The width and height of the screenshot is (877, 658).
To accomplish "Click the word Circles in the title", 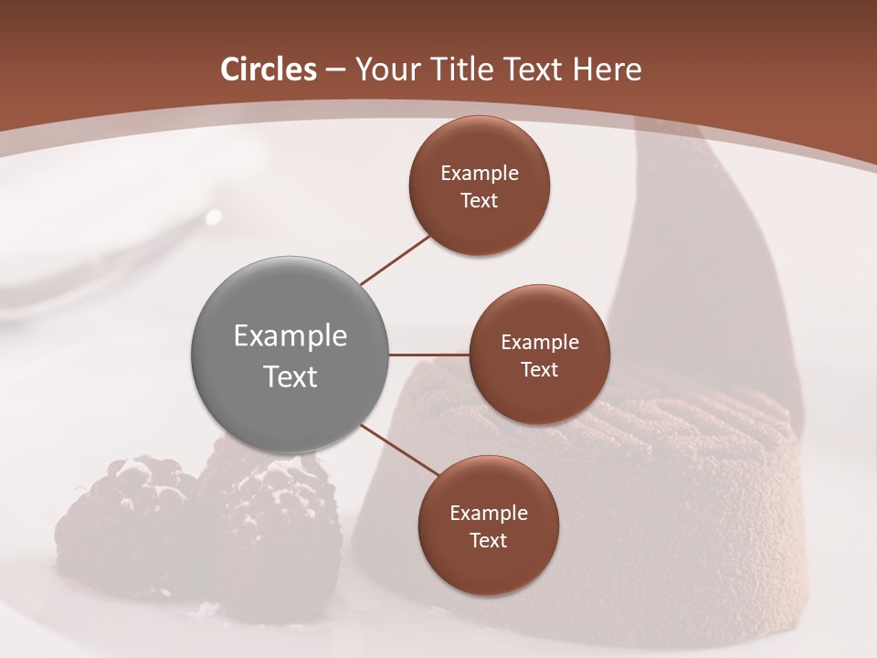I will [x=269, y=69].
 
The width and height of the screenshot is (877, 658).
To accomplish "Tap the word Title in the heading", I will [x=465, y=69].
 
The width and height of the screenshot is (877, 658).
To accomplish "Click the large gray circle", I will [x=291, y=355].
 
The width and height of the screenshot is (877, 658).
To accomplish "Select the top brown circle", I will [x=480, y=186].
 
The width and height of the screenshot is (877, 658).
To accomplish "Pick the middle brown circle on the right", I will [x=540, y=355].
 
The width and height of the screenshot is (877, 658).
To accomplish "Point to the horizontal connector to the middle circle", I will [x=429, y=355].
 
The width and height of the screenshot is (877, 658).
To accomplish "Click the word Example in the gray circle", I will [x=291, y=336].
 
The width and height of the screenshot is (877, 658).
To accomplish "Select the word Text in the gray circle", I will [x=291, y=377].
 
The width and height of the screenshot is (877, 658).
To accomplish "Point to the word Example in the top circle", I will [x=480, y=174].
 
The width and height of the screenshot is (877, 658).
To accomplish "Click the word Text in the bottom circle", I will [x=489, y=541].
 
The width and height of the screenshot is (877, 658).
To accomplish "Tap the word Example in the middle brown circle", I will [x=540, y=343].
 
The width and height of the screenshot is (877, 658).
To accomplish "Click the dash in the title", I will [x=335, y=69].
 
